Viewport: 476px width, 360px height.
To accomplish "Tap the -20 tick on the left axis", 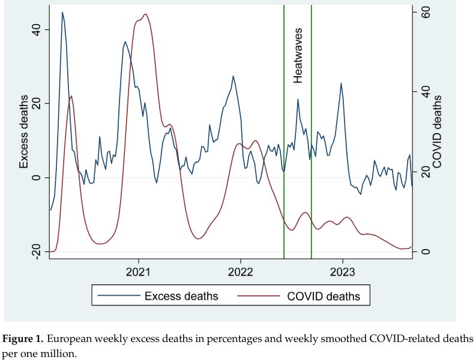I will pyautogui.click(x=37, y=251).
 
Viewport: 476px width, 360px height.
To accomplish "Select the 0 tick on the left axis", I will pyautogui.click(x=37, y=178).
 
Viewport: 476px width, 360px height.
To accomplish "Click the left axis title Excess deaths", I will pyautogui.click(x=24, y=131).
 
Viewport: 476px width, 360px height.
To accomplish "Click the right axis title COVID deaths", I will pyautogui.click(x=438, y=131).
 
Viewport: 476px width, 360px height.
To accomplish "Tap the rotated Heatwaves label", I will pyautogui.click(x=298, y=55).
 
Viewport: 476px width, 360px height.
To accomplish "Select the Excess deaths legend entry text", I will pyautogui.click(x=181, y=296).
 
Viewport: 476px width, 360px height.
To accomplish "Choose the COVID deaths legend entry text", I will pyautogui.click(x=325, y=296).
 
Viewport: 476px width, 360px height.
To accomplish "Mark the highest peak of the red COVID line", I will pyautogui.click(x=146, y=14).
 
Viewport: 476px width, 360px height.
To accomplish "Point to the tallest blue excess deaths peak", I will pyautogui.click(x=62, y=12).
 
